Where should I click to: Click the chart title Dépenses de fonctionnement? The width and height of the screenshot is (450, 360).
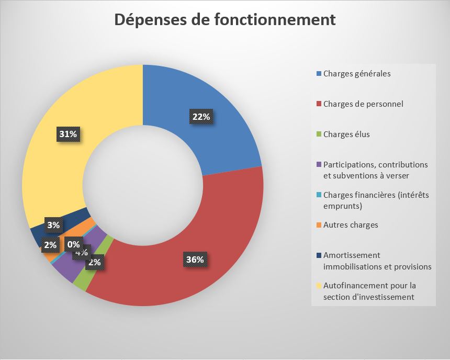[x=225, y=20]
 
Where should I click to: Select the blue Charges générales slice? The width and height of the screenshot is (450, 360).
[x=220, y=99]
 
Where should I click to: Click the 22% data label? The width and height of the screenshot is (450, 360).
[x=201, y=117]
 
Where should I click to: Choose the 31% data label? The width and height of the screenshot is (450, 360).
[x=68, y=134]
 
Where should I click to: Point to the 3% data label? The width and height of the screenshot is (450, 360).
[x=53, y=226]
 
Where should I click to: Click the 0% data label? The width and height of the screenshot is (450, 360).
[x=73, y=244]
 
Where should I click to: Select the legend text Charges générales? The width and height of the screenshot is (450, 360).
[x=357, y=73]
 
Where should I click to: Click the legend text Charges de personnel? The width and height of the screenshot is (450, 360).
[x=363, y=104]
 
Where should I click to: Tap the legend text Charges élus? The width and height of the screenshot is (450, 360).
[x=346, y=134]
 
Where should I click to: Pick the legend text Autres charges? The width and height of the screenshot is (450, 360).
[x=351, y=225]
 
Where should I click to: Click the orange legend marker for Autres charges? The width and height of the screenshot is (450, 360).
[x=319, y=225]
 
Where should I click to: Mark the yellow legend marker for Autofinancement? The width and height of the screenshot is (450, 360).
[x=319, y=286]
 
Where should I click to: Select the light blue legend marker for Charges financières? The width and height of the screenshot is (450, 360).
[x=319, y=195]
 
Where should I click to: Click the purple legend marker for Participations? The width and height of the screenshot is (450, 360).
[x=319, y=165]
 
